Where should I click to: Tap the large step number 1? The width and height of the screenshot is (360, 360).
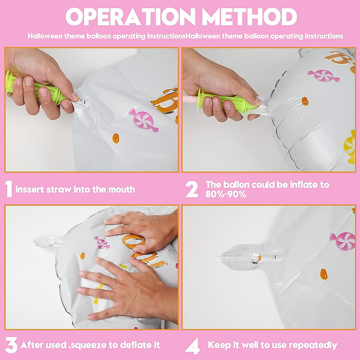point(9,189)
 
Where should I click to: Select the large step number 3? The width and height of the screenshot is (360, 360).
point(11,345)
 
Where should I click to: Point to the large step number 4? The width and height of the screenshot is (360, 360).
point(192,346)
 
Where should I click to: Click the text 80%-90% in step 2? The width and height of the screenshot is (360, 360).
point(226,194)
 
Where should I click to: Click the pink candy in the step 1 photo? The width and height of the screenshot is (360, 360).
point(143,120)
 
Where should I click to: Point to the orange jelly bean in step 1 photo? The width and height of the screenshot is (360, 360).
point(115,138)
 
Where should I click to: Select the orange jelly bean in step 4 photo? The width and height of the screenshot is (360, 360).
point(324,274)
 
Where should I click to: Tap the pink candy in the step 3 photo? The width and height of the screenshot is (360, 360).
point(102,242)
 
